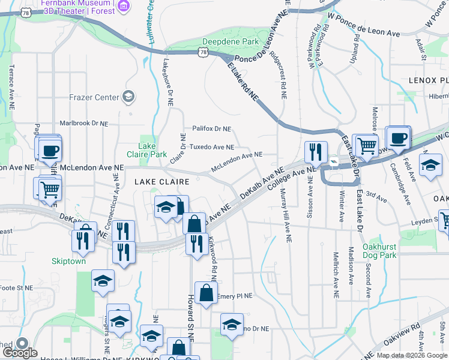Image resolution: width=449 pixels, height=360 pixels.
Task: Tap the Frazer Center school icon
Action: [x=128, y=96]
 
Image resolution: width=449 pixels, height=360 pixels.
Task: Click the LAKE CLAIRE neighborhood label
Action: [x=158, y=181]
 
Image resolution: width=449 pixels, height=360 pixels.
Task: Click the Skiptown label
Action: [x=68, y=262]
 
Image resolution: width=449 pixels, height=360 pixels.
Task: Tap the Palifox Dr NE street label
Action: [x=211, y=128]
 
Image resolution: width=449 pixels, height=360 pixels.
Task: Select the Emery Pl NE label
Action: [x=235, y=296]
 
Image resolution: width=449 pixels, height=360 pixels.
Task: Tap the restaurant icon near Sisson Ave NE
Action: [x=316, y=152]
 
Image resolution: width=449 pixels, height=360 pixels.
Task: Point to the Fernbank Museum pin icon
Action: [x=124, y=7]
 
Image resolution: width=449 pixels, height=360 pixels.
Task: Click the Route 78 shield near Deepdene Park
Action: [x=205, y=53]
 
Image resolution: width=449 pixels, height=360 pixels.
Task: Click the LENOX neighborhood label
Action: [x=428, y=80]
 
